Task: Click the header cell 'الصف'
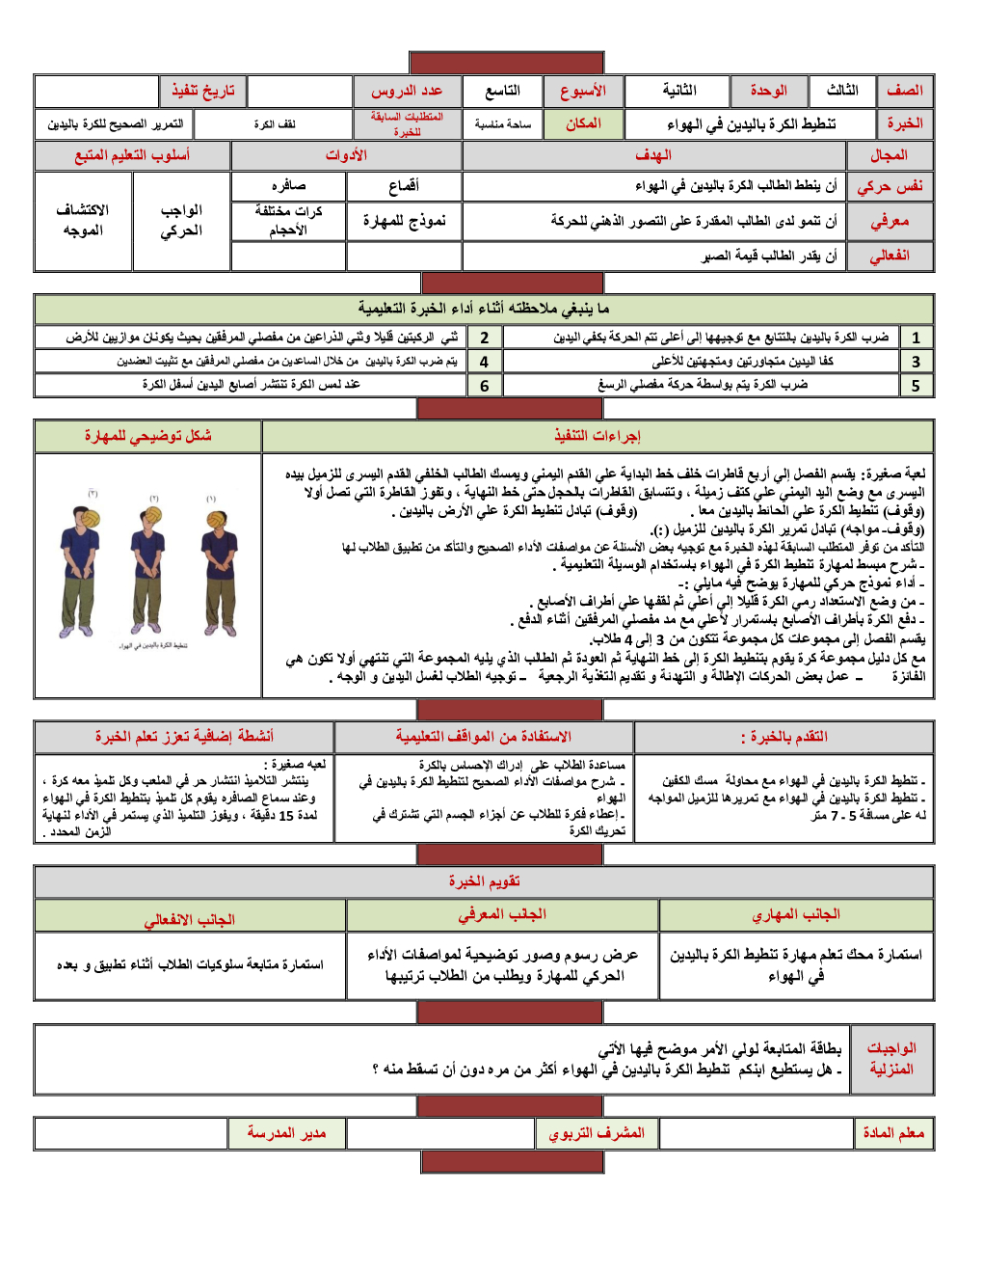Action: coord(905,91)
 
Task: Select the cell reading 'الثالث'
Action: coord(842,91)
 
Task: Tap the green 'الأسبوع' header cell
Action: coord(583,91)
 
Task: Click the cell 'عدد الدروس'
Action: coord(407,91)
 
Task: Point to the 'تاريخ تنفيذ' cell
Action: coord(203,91)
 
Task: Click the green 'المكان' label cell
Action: coord(583,123)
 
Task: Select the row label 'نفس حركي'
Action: coord(890,186)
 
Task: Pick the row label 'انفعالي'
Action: coord(890,256)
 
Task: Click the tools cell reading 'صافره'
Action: coord(288,186)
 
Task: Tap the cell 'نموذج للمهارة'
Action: coord(404,221)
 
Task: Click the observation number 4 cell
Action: coord(484,362)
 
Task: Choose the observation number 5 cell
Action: coord(916,385)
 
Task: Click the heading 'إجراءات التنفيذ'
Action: coord(598,436)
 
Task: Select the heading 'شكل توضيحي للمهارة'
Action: coord(147,436)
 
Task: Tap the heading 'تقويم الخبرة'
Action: coord(484,881)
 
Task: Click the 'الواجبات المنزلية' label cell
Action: coord(891,1059)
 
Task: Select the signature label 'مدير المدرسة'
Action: coord(286,1133)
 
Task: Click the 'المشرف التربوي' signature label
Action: coord(597,1133)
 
